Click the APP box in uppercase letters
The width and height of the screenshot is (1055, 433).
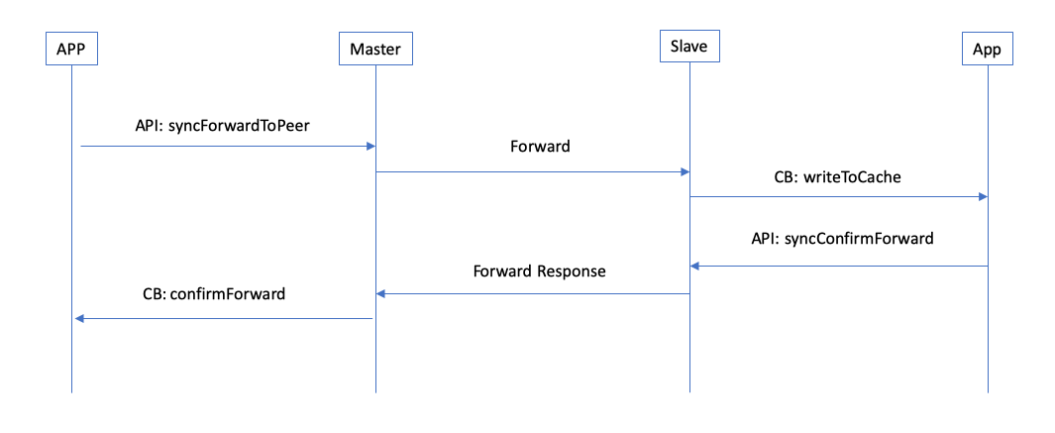coord(71,48)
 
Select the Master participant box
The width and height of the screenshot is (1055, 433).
coord(375,48)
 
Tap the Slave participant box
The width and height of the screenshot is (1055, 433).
coord(688,47)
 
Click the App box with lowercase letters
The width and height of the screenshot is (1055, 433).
coord(988,48)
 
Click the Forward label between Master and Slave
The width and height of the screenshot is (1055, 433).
coord(540,146)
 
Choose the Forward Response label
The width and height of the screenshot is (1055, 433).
coord(539,271)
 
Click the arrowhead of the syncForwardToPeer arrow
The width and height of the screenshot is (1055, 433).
coord(370,147)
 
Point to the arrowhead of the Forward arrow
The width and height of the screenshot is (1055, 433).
coord(684,172)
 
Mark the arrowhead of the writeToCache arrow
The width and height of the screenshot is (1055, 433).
coord(983,197)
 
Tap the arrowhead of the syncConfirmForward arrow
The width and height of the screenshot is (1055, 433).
coord(695,266)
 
